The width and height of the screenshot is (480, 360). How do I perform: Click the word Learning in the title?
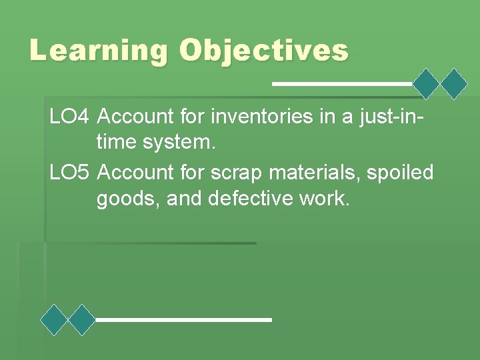99,50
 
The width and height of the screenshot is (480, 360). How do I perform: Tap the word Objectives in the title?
263,50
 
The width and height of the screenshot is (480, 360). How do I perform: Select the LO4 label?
69,117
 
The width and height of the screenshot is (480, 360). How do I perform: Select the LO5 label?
69,173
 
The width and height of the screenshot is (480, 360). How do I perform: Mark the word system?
180,141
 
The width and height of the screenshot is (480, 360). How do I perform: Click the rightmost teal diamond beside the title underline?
455,84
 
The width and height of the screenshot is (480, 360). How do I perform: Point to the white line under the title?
341,84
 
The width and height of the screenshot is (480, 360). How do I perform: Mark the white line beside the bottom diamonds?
183,320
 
